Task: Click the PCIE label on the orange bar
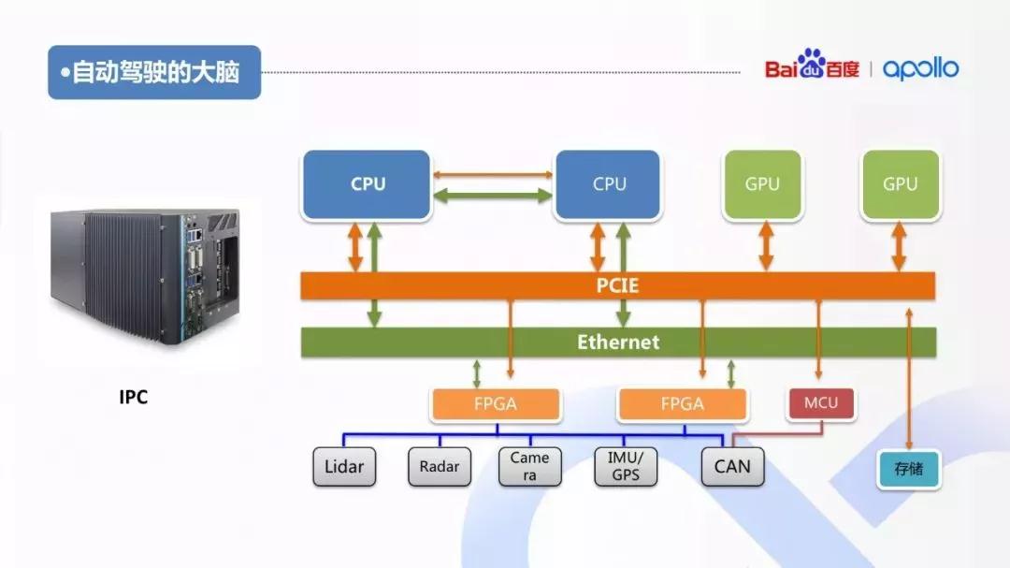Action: point(617,285)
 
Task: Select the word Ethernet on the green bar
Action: point(618,342)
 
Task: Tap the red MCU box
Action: point(821,403)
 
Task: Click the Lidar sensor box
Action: point(344,466)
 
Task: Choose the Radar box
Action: point(440,466)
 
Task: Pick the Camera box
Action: point(529,466)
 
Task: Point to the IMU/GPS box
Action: point(626,466)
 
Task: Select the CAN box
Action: point(732,466)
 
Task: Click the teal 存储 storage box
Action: point(908,469)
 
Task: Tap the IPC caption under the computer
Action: point(134,397)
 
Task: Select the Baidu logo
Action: point(812,66)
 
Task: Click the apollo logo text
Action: point(920,68)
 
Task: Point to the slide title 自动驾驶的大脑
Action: point(156,72)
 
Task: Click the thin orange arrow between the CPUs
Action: point(493,175)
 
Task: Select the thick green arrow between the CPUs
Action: point(493,196)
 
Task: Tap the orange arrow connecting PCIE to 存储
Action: point(909,378)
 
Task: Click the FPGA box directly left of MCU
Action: point(682,404)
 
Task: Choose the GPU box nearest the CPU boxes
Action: point(763,183)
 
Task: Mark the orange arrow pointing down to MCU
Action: point(818,339)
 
